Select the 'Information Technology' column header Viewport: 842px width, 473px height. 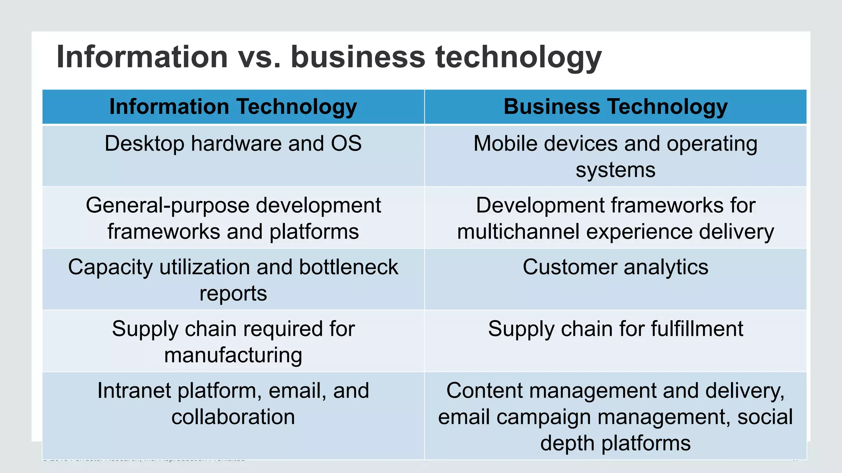point(233,107)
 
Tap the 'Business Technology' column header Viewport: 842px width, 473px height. point(615,107)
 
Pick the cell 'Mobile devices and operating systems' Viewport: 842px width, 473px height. point(615,156)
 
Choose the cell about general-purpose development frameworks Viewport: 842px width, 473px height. point(233,218)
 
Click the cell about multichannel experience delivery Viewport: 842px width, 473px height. point(615,218)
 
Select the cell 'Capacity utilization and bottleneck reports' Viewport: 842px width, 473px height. point(233,280)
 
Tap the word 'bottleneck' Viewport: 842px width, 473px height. point(349,267)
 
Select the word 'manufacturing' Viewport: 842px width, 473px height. point(233,355)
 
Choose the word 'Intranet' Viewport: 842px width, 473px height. point(134,390)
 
